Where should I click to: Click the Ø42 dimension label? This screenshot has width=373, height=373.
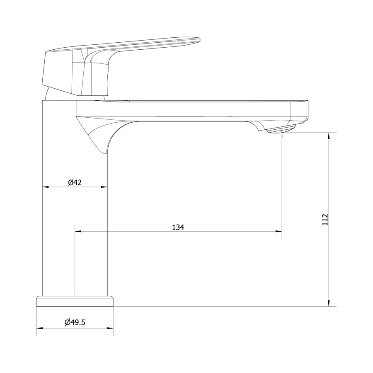(75, 182)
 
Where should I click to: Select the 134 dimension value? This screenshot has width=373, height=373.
(178, 228)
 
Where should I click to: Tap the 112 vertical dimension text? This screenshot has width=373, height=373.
(325, 220)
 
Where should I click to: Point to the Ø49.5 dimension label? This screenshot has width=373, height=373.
(75, 322)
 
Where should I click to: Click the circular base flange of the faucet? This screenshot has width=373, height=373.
(75, 301)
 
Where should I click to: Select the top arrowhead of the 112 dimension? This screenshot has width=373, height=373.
(329, 136)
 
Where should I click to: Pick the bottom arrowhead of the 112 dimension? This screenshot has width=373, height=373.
(329, 303)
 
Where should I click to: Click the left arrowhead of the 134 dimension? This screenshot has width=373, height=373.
(78, 231)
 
